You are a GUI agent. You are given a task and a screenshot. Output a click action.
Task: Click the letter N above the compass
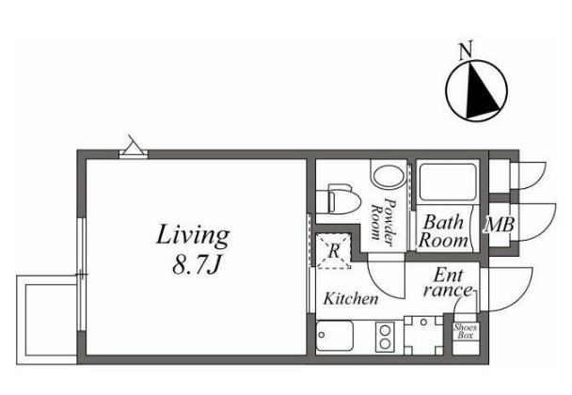tap(466, 50)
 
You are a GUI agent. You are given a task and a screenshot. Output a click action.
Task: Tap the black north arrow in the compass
tap(480, 93)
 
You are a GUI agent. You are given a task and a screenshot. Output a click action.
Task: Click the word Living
tap(193, 236)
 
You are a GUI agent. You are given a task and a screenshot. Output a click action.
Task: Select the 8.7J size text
tap(197, 265)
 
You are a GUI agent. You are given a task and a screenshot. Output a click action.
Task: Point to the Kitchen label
tap(351, 299)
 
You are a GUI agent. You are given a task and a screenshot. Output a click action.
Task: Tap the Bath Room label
tap(443, 231)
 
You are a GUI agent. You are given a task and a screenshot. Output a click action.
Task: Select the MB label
tap(500, 225)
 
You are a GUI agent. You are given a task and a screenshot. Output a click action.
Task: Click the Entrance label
tap(448, 283)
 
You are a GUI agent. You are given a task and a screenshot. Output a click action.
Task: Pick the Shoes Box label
tap(465, 331)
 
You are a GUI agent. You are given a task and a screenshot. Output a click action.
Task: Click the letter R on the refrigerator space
tap(334, 251)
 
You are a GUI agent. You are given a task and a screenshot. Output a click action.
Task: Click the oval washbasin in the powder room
tap(389, 176)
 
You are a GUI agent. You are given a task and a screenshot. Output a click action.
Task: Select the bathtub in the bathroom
tap(448, 182)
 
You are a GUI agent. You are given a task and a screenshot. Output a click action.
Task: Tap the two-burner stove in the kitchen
tap(385, 337)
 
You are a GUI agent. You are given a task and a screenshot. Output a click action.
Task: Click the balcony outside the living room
tap(47, 320)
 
